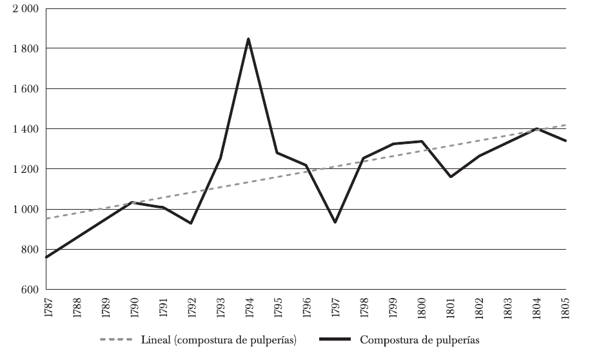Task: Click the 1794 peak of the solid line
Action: pyautogui.click(x=248, y=39)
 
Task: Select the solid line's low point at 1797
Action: pyautogui.click(x=335, y=223)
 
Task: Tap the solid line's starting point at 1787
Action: pyautogui.click(x=46, y=257)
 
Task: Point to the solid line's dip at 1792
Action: pyautogui.click(x=190, y=223)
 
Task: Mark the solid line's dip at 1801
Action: pyautogui.click(x=451, y=177)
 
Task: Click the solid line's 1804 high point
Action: pyautogui.click(x=537, y=128)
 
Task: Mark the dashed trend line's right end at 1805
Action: pyautogui.click(x=565, y=125)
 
